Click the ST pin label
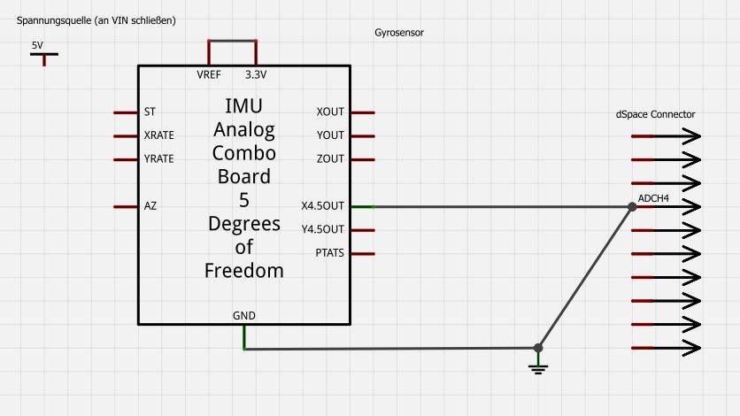pos(149,112)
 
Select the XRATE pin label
pos(158,135)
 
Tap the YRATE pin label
pos(158,159)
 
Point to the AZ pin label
pos(150,206)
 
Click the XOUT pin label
pos(330,112)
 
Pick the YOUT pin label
pos(330,135)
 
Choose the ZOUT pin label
pos(330,159)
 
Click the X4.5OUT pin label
pos(322,206)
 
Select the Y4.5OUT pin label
pos(322,230)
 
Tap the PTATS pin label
pos(329,253)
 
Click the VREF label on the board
pos(209,74)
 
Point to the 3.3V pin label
pos(256,74)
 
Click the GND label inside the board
pos(243,316)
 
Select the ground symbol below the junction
pos(538,366)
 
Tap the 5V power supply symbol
pos(43,56)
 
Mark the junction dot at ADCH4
pos(631,207)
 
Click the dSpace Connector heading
pos(655,114)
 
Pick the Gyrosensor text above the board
pos(399,33)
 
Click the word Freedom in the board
pos(244,271)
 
